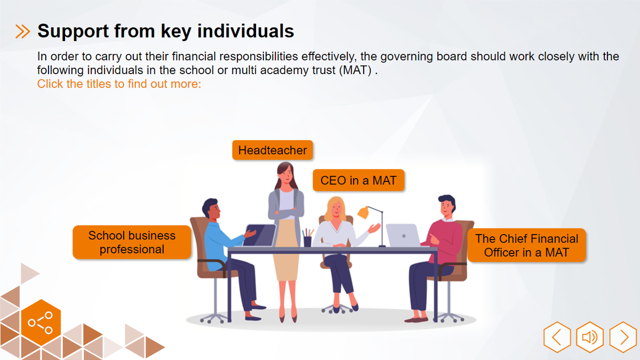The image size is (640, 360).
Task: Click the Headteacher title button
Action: (x=273, y=150)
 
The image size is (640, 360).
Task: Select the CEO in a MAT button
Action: (x=358, y=180)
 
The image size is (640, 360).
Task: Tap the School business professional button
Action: (x=132, y=242)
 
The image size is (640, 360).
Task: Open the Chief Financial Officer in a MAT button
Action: (x=526, y=245)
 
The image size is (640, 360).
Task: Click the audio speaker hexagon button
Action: (x=590, y=337)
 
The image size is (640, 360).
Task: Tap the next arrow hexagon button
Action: (x=623, y=337)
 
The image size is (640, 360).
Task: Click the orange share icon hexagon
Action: (x=41, y=323)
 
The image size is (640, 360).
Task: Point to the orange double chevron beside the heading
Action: (x=22, y=31)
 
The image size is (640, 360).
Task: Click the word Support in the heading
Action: (x=73, y=31)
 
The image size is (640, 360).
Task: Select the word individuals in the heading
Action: (x=246, y=31)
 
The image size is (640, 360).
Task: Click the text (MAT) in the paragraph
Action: (x=355, y=70)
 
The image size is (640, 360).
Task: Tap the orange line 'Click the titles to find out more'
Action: (x=119, y=84)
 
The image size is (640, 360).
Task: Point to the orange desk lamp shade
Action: (x=363, y=213)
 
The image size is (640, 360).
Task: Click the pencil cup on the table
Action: (x=307, y=241)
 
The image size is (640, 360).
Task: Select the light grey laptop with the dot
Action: (x=403, y=235)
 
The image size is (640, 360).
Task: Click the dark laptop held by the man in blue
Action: (x=259, y=235)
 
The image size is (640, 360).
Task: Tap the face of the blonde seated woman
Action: (x=337, y=209)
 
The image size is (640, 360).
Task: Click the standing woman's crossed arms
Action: (x=286, y=213)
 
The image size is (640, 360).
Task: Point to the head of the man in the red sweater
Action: (x=447, y=205)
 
